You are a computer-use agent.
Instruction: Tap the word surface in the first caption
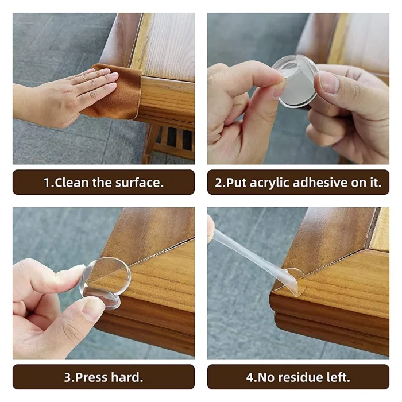[138, 183]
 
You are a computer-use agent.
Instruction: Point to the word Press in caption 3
[92, 378]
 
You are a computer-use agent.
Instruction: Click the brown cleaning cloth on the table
[118, 95]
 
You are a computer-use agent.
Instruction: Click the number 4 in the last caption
[250, 378]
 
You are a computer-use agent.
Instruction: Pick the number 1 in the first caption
[47, 183]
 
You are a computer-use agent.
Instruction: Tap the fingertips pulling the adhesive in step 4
[211, 227]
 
